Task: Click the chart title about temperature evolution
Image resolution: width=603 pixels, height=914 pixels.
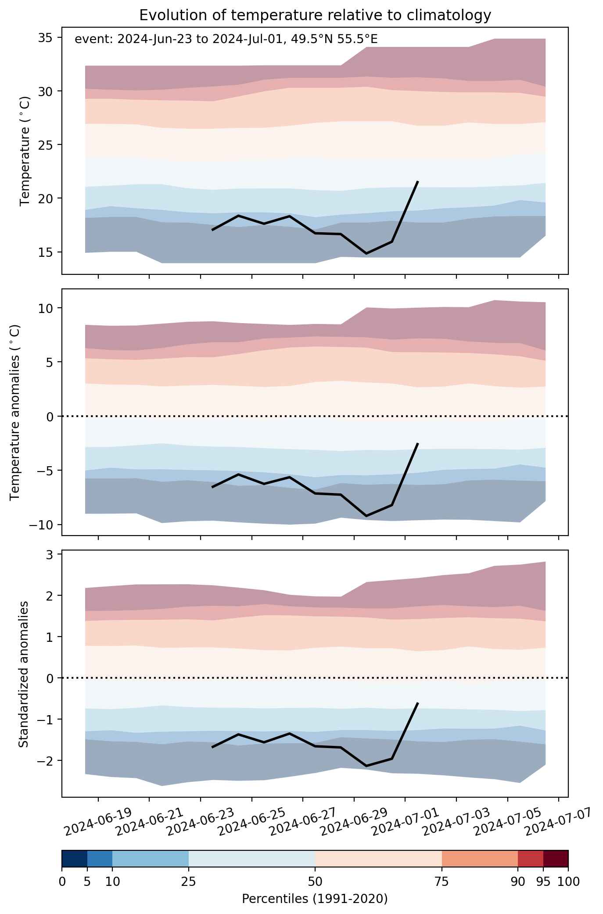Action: tap(315, 15)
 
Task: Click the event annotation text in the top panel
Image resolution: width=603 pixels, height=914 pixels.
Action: tap(226, 39)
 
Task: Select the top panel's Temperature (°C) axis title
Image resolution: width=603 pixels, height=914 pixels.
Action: tap(25, 151)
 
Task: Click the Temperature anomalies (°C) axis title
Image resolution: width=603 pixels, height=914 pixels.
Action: tap(15, 412)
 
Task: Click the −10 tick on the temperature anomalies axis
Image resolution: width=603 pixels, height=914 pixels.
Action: tap(45, 525)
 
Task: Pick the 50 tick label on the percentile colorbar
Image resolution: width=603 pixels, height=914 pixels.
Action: tap(315, 882)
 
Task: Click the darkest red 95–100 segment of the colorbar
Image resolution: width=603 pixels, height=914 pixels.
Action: tap(556, 859)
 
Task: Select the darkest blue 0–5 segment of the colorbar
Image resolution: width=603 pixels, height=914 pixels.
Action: tap(75, 859)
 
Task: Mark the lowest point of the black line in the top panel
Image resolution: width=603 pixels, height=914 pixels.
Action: tap(366, 254)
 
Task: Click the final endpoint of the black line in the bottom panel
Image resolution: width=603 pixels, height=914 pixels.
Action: tap(418, 703)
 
